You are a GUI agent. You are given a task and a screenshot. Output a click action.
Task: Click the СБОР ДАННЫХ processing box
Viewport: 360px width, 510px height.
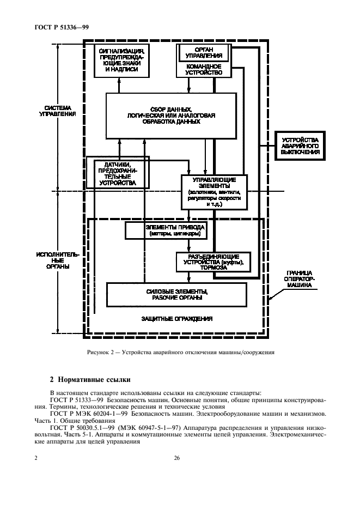click(x=171, y=115)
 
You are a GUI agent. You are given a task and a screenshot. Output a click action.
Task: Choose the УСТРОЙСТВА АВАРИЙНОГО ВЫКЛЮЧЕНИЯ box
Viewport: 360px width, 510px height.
click(x=300, y=146)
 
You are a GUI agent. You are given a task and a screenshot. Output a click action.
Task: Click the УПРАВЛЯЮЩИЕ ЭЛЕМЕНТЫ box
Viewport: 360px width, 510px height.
click(x=214, y=192)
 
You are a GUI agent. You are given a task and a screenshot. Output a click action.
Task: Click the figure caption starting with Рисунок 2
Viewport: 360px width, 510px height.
click(x=180, y=351)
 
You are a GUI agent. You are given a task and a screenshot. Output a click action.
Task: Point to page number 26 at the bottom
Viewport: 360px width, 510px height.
click(x=177, y=458)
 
